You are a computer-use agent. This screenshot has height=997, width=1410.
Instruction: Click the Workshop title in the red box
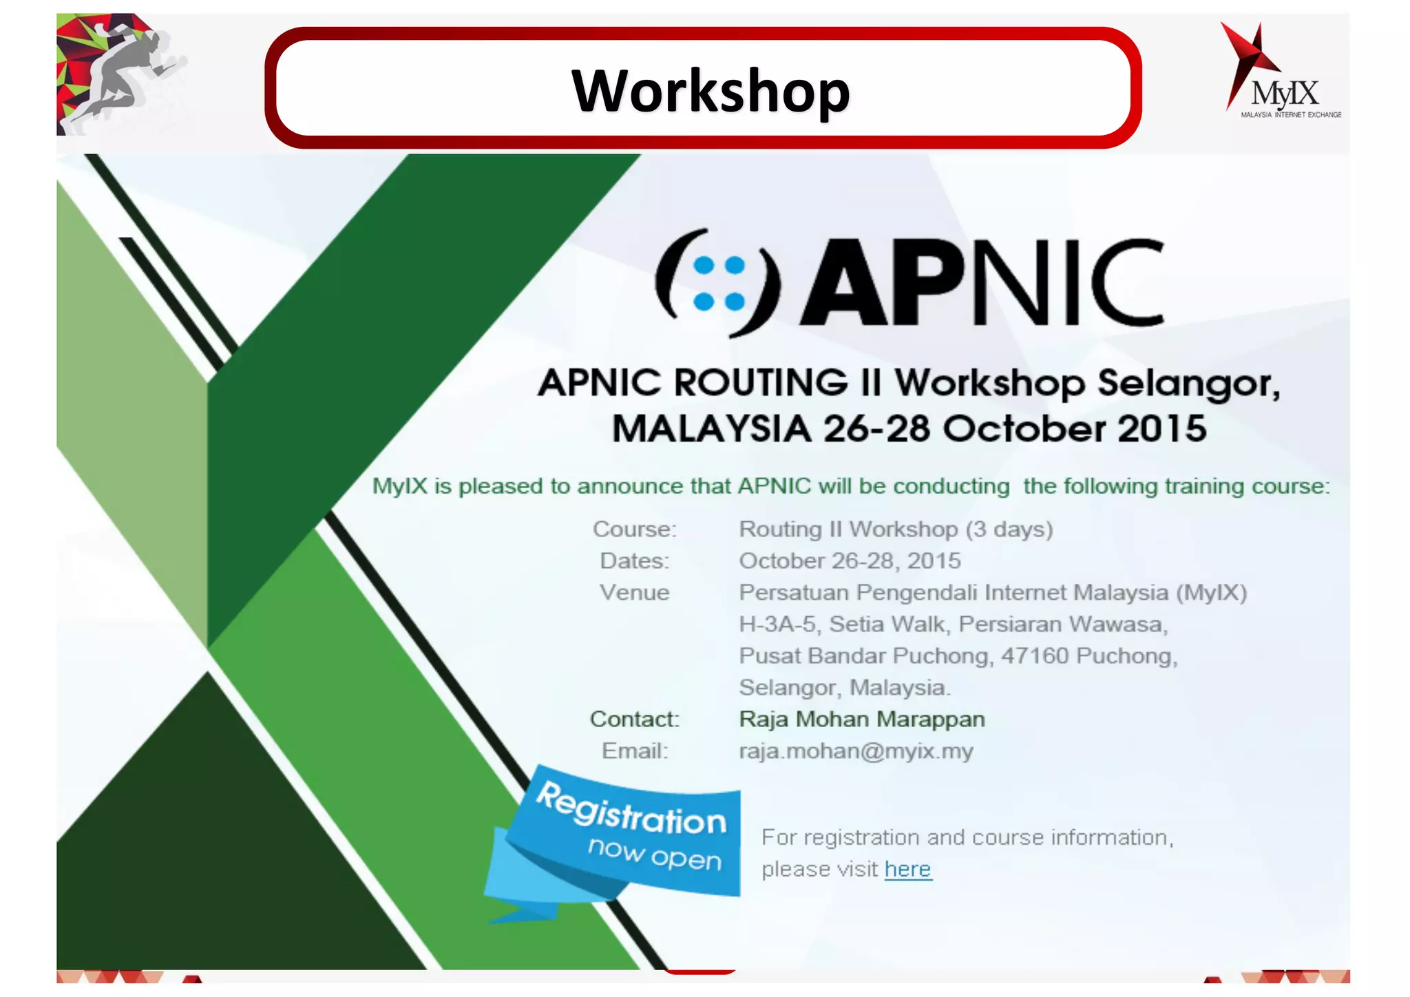click(x=711, y=91)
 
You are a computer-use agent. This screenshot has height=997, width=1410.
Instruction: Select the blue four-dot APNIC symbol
click(x=719, y=283)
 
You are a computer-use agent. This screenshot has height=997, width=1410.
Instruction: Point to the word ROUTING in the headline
click(x=761, y=383)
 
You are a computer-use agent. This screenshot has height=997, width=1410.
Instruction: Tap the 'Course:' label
click(x=635, y=529)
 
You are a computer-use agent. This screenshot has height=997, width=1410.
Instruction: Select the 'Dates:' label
click(x=635, y=561)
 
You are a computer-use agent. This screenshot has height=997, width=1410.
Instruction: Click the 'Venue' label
click(x=635, y=593)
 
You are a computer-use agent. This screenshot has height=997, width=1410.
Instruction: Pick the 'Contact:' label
click(x=635, y=720)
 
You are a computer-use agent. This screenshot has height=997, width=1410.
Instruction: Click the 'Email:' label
click(x=635, y=751)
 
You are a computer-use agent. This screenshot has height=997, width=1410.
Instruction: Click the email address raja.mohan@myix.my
click(x=856, y=751)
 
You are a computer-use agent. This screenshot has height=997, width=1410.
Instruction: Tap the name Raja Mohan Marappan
click(x=862, y=720)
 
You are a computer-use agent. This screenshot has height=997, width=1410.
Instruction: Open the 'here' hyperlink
click(x=907, y=870)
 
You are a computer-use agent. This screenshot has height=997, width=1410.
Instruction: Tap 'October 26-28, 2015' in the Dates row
click(x=850, y=561)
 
